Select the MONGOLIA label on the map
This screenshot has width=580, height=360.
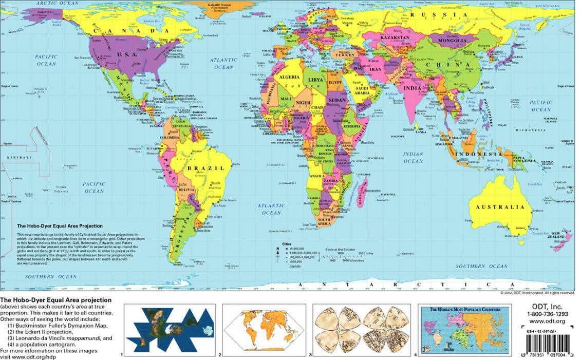(453, 41)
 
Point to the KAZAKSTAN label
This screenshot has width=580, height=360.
(395, 37)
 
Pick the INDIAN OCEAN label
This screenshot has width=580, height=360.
(413, 157)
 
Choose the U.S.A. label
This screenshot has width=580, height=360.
(126, 54)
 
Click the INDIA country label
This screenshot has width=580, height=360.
(413, 88)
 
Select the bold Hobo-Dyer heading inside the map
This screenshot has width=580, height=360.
(60, 226)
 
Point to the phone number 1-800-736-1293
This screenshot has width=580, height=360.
(547, 314)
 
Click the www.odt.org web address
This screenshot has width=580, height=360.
(547, 321)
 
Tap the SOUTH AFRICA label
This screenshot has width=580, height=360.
(324, 221)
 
